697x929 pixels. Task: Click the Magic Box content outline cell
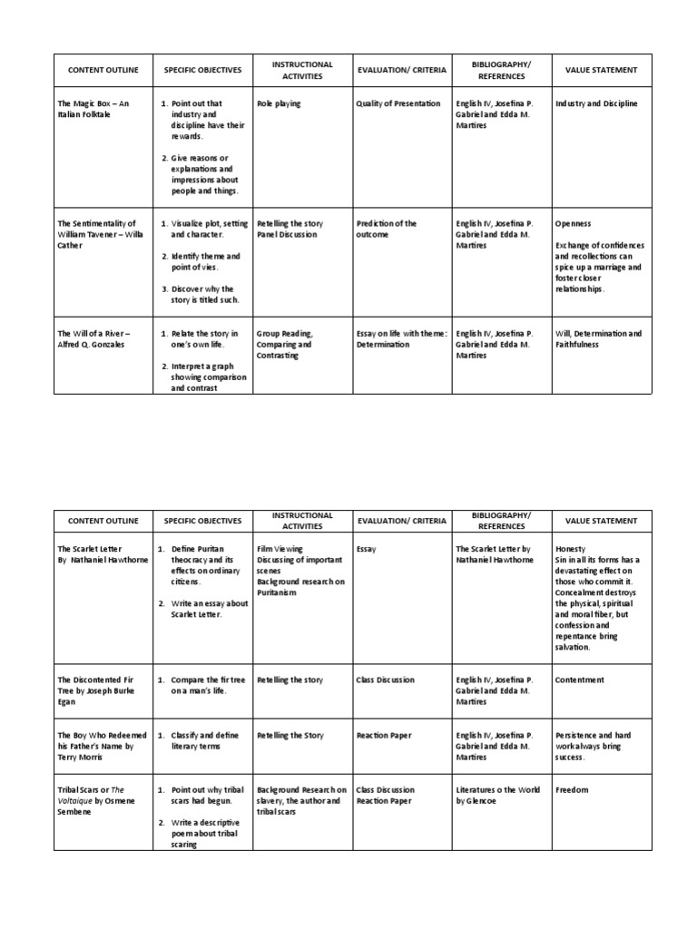point(93,109)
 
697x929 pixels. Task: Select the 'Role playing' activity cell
point(278,103)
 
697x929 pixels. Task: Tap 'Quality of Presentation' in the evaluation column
point(398,103)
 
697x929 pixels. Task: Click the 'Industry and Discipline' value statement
point(596,103)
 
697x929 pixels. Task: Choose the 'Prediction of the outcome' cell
point(387,229)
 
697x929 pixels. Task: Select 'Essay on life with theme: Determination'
point(402,339)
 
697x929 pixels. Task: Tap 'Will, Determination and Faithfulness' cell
point(598,339)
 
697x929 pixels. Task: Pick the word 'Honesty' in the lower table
point(571,549)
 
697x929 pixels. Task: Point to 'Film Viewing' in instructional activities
point(280,549)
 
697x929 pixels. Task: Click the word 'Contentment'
point(580,680)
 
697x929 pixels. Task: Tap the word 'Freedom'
point(572,790)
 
